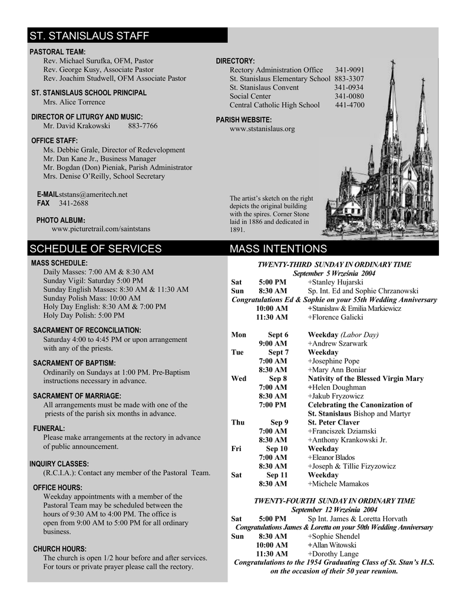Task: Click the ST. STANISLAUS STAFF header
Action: point(90,36)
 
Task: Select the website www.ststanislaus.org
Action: point(262,129)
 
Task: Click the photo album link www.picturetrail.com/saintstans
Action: point(101,228)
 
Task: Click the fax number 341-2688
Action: point(74,203)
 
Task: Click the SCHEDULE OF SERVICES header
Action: point(95,249)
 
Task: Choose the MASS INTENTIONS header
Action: point(278,249)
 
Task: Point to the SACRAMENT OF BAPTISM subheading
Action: point(74,363)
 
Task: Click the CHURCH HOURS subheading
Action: point(60,549)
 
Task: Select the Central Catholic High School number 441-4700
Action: point(349,105)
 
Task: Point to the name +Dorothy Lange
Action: point(333,554)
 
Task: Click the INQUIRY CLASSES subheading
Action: point(60,463)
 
